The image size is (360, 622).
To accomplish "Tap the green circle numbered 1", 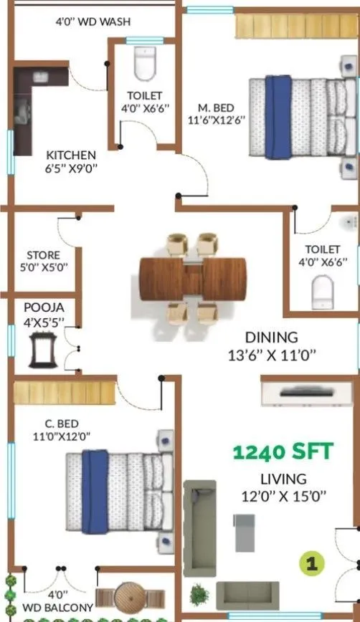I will point(311,563).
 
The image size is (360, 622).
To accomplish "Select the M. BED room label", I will point(217,107).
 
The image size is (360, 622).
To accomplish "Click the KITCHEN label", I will point(71,154).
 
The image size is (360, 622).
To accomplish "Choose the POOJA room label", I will point(44,307).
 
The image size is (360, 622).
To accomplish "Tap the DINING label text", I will point(271,337).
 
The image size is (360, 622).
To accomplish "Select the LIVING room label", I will point(283,479).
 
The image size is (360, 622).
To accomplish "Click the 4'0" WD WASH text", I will point(93,22).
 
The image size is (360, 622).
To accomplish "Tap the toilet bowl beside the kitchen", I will point(144,64).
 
